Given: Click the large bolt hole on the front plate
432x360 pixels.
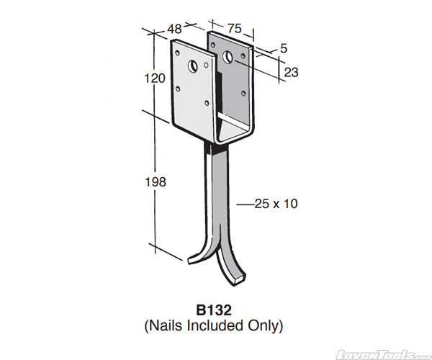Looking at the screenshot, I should [x=193, y=66].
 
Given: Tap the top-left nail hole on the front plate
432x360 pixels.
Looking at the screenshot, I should [x=177, y=53].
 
